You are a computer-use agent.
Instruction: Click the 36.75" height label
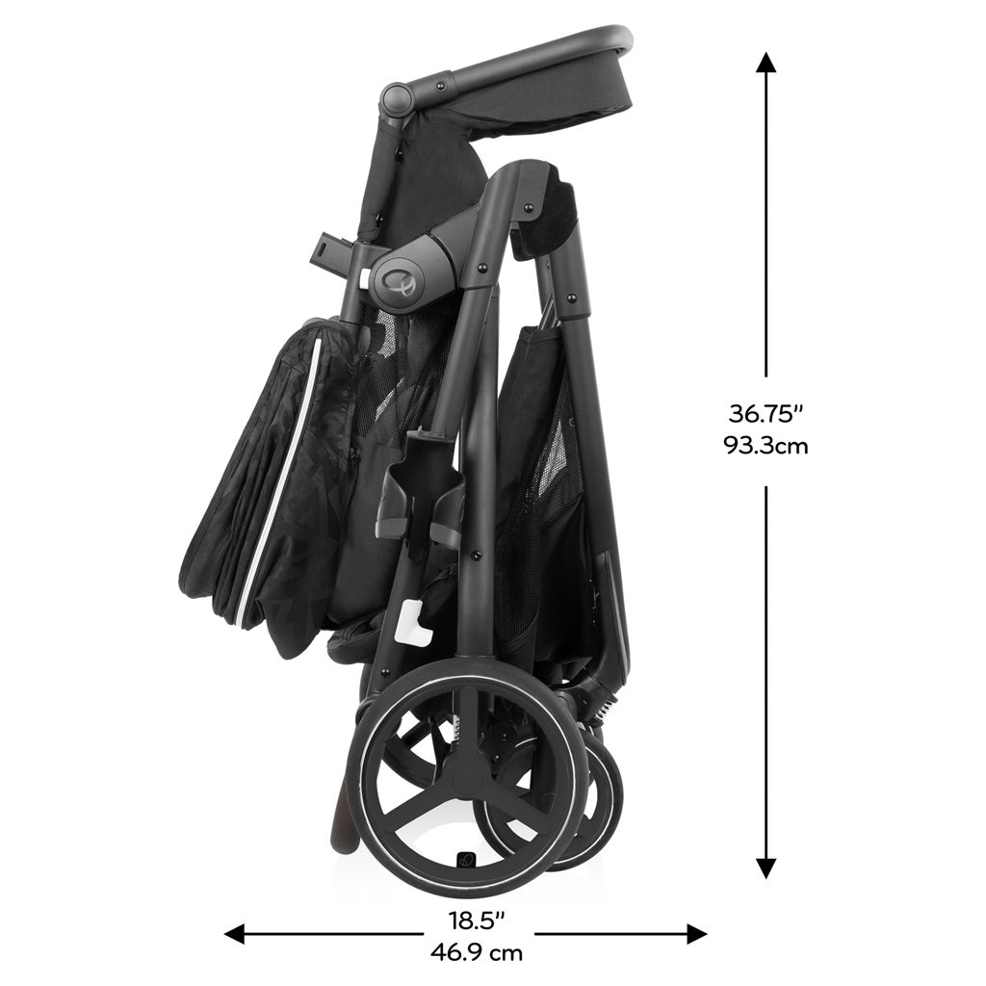point(765,414)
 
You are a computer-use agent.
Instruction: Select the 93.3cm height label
point(765,447)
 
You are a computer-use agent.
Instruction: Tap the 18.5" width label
point(477,921)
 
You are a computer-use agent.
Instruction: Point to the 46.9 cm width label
point(477,953)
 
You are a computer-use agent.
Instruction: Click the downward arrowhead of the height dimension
point(765,868)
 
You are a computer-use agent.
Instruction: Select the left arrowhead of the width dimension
point(235,934)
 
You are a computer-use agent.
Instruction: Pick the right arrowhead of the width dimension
point(697,934)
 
